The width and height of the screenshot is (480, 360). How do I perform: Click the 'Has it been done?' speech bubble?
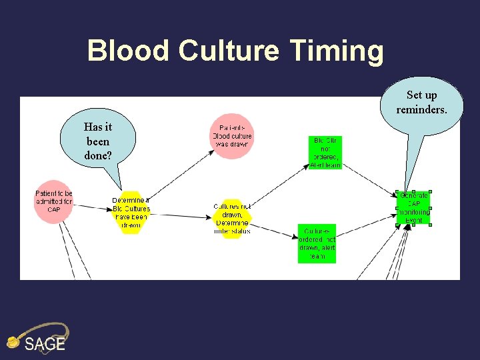(98, 141)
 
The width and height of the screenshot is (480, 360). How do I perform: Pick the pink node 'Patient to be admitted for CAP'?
(54, 201)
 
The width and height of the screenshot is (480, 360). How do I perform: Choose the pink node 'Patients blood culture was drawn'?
(231, 135)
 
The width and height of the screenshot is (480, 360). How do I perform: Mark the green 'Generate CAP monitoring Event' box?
(413, 207)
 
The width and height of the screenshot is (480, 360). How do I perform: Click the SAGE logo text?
(45, 344)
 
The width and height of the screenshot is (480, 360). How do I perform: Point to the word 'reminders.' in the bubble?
(422, 109)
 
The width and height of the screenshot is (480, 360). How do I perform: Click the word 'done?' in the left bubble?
(98, 156)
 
